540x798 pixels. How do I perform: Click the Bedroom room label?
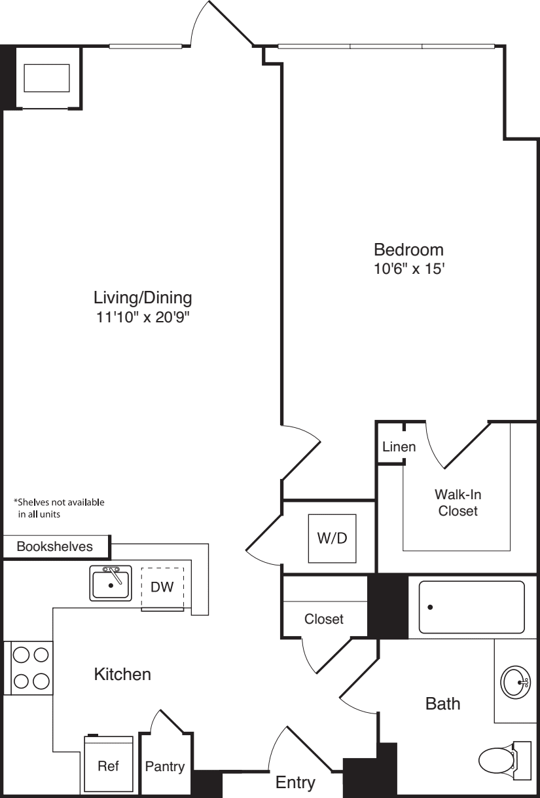[408, 250]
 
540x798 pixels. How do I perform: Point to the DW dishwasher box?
[162, 587]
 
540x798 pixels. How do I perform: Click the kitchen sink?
[111, 583]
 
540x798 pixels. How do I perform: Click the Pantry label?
[165, 767]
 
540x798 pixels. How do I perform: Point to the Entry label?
[295, 782]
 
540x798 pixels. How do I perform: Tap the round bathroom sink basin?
[514, 683]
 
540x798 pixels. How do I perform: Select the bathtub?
[471, 607]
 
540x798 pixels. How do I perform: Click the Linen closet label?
[399, 447]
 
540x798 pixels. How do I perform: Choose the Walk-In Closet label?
[458, 503]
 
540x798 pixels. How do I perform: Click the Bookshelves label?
[55, 546]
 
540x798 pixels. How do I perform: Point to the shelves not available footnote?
[59, 508]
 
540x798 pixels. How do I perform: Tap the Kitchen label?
[122, 674]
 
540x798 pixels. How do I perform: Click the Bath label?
[443, 704]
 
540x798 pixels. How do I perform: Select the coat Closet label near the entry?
[324, 618]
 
